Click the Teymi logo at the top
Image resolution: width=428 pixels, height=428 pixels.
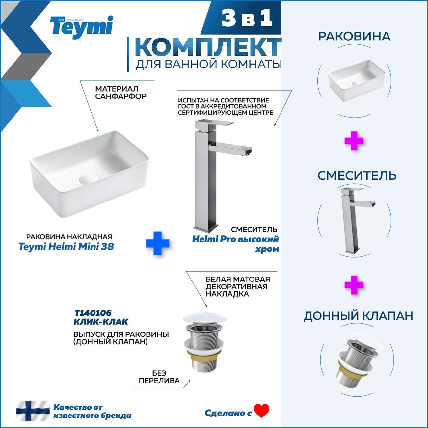click(81, 28)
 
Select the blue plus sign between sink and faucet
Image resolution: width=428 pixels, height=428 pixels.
click(157, 243)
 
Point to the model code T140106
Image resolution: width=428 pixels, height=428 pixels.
click(93, 313)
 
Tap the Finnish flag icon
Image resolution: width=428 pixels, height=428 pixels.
click(33, 411)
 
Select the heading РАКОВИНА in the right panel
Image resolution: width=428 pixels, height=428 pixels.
click(354, 37)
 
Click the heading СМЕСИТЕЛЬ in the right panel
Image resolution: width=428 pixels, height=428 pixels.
click(357, 175)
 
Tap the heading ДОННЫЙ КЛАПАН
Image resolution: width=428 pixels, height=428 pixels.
click(358, 316)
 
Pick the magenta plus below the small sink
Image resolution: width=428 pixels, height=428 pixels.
click(354, 141)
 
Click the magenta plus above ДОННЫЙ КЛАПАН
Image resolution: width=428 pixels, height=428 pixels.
click(354, 285)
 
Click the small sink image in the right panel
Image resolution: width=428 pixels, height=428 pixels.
click(356, 81)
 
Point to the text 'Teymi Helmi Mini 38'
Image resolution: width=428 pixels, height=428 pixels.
click(66, 247)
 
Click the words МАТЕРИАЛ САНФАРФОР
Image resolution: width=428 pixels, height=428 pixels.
click(121, 93)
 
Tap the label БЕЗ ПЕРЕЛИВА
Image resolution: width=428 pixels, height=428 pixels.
click(159, 377)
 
